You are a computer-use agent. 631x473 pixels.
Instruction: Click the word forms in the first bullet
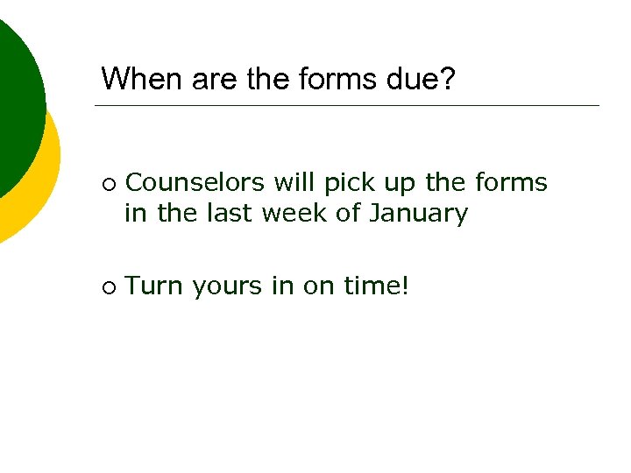tap(511, 183)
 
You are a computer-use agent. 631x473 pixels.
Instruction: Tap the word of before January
tap(351, 213)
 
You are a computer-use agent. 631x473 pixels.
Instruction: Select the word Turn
tap(154, 286)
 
